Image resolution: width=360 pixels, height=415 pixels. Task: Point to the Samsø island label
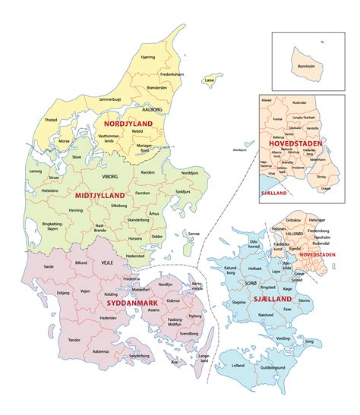pos(194,233)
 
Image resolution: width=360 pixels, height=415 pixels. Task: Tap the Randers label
pos(148,172)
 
